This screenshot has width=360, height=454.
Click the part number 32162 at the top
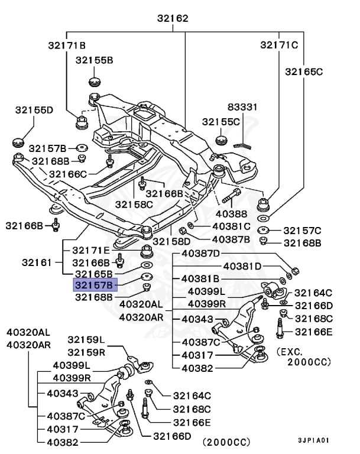(173, 18)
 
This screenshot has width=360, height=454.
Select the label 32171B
(67, 46)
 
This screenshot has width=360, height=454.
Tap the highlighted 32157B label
(95, 285)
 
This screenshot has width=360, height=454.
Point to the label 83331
(242, 107)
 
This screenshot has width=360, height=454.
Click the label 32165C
(304, 72)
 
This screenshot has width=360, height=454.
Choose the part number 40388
(231, 214)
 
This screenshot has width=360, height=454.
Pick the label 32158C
(134, 205)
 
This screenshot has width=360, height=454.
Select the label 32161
(37, 262)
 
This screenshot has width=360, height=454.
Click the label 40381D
(242, 266)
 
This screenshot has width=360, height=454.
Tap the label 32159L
(86, 340)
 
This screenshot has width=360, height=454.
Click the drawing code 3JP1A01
(314, 440)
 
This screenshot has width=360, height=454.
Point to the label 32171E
(91, 250)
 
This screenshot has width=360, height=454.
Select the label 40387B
(231, 239)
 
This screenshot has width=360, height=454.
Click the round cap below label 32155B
(95, 82)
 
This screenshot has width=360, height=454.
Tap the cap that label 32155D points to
(19, 142)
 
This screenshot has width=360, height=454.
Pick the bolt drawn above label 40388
(231, 196)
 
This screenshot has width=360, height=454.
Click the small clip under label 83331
(242, 144)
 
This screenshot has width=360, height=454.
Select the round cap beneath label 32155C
(222, 140)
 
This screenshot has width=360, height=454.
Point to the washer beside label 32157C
(263, 230)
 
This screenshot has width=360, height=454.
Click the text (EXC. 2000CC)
(303, 356)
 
